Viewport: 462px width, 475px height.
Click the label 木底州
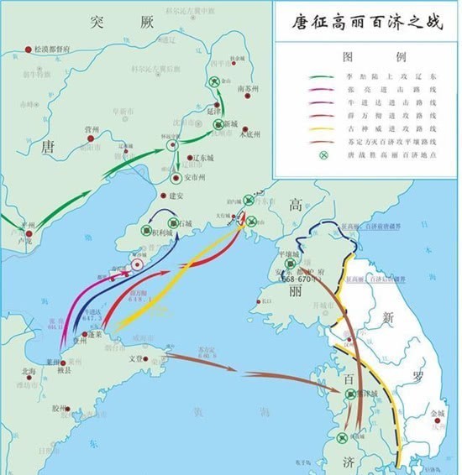click(250, 133)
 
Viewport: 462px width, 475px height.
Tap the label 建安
click(176, 196)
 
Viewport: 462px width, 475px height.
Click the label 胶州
click(59, 409)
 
